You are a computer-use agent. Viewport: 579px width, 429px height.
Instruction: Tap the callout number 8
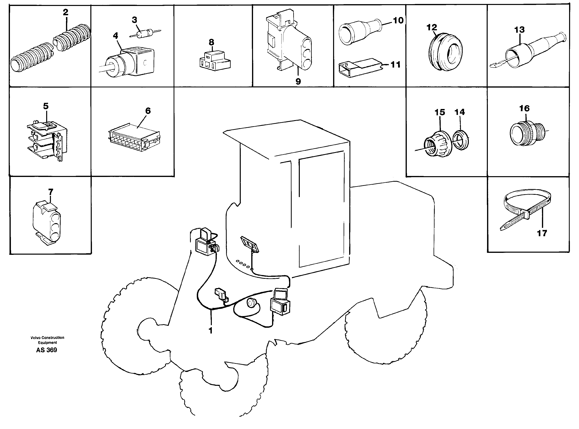[x=211, y=42]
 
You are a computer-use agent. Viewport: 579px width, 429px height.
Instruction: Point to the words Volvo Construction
[x=47, y=338]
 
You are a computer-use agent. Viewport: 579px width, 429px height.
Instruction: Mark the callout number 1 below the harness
[x=211, y=331]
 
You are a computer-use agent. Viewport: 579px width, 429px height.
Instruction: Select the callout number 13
[x=519, y=30]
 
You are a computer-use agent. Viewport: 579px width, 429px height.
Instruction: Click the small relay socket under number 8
[x=215, y=61]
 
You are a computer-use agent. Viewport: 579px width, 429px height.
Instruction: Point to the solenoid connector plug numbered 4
[x=129, y=60]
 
